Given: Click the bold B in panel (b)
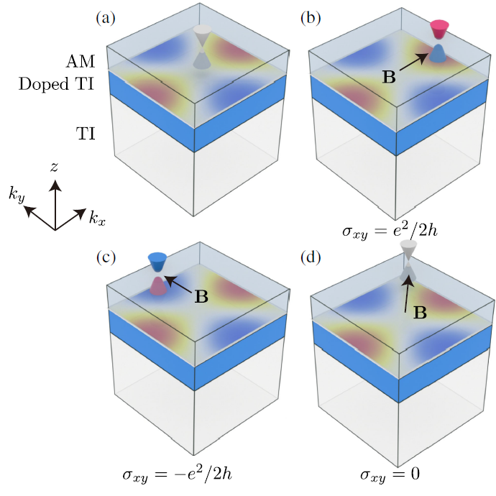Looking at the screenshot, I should pyautogui.click(x=389, y=77).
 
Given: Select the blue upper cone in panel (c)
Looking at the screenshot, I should pyautogui.click(x=156, y=261).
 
